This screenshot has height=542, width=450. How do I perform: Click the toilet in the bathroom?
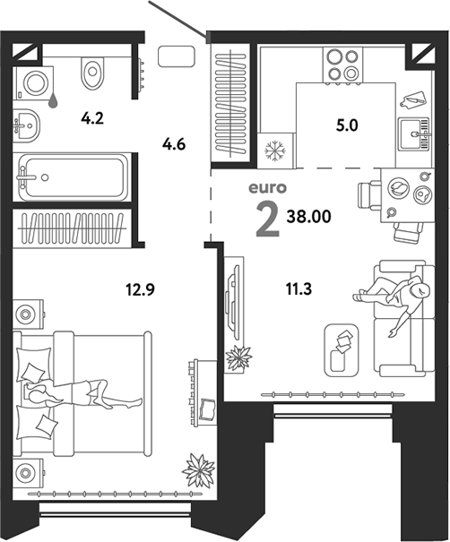92,73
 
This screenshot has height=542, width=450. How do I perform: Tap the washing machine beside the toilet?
34,83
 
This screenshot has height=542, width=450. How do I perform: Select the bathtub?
73,177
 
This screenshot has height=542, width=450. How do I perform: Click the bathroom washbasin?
27,125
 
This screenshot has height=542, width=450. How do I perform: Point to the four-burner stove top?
342,65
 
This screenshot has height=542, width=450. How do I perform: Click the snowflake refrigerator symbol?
275,151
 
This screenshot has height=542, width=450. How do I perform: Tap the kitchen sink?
414,133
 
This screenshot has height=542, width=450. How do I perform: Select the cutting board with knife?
413,99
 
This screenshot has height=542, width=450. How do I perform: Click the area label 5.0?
347,125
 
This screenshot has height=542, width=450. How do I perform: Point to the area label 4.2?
92,118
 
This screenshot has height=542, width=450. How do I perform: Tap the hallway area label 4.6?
174,144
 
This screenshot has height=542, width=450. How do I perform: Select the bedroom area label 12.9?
140,289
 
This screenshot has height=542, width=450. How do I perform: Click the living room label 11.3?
299,288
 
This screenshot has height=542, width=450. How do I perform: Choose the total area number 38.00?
309,217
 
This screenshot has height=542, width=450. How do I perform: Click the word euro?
268,188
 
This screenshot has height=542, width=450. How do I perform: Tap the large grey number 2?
268,219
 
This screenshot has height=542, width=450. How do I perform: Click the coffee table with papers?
342,349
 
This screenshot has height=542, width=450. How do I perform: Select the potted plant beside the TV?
238,357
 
